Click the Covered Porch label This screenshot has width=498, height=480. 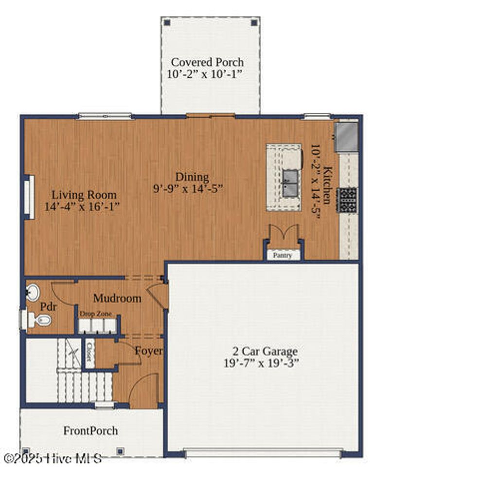click(x=207, y=62)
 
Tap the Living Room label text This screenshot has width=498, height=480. click(x=84, y=195)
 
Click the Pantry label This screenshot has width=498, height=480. click(x=283, y=255)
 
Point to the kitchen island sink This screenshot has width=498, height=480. click(x=290, y=182)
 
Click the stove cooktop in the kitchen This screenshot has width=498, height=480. click(x=348, y=199)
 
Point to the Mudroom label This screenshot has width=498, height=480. click(x=117, y=298)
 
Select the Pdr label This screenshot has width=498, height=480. click(x=48, y=307)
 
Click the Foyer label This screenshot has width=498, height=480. click(x=148, y=351)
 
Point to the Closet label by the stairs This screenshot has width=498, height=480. click(x=89, y=352)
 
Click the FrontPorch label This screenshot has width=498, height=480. click(x=90, y=430)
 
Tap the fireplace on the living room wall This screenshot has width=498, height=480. click(x=30, y=197)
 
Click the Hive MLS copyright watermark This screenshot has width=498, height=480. click(x=53, y=458)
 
